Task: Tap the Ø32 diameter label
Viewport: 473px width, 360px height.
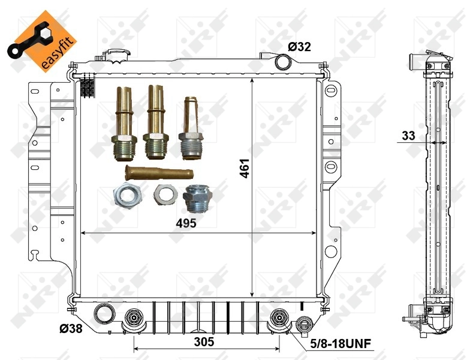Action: pyautogui.click(x=299, y=47)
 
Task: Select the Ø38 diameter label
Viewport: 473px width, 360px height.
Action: pyautogui.click(x=71, y=328)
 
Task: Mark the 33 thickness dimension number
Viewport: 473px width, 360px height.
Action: pyautogui.click(x=409, y=136)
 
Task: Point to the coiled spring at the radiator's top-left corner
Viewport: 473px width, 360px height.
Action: pyautogui.click(x=89, y=87)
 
